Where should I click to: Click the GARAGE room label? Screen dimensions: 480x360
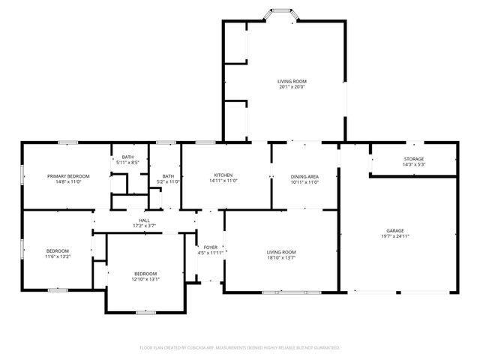pos(395,230)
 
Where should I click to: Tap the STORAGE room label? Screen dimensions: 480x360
pos(414,159)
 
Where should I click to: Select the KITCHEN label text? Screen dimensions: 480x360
pos(223,175)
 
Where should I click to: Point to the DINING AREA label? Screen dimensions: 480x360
pos(304,177)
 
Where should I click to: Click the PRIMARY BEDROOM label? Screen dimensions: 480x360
pos(68,176)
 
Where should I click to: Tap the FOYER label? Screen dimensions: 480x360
pos(211,247)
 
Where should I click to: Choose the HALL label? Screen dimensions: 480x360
pos(145,220)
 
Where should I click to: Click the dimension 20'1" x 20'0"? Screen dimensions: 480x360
pos(292,87)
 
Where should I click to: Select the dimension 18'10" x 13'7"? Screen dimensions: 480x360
pos(281,258)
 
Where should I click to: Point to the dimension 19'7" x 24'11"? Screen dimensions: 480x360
pos(395,236)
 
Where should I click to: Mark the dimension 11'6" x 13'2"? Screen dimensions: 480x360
pos(58,256)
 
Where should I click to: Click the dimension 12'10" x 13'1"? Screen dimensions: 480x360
pos(145,279)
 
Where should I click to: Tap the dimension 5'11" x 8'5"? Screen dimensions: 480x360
pos(127,163)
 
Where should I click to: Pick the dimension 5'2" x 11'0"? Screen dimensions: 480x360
pos(168,181)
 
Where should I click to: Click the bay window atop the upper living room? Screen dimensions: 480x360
pos(281,13)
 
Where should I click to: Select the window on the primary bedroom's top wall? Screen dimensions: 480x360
pos(68,142)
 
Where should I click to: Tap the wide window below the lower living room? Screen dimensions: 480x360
pos(292,292)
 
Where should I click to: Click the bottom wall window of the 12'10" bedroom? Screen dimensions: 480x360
pos(145,313)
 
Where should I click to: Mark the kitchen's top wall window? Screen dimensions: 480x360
pos(205,142)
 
